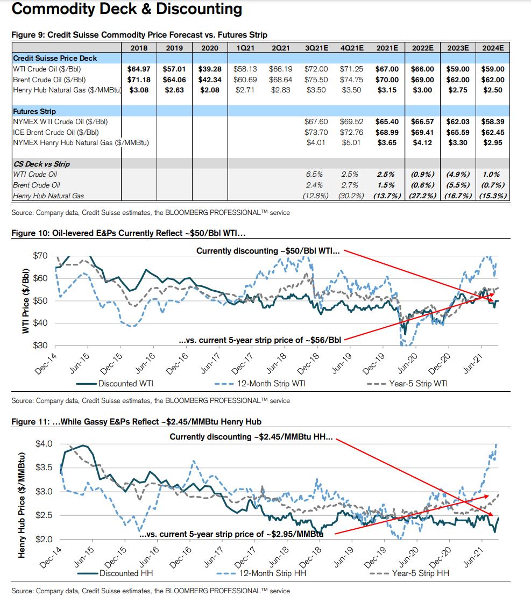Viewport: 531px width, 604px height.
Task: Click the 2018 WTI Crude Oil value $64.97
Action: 139,69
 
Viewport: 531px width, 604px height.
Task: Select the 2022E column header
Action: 422,48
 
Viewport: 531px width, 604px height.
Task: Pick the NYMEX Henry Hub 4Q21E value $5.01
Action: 351,143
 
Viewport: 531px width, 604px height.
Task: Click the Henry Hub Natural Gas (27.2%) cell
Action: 422,196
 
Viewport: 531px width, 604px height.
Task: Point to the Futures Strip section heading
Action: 36,111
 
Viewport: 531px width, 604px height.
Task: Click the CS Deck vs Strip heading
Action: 41,163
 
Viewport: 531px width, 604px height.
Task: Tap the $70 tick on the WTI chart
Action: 40,255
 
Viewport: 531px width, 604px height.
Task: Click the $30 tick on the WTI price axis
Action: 40,346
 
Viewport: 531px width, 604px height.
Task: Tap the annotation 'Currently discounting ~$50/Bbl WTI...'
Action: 268,251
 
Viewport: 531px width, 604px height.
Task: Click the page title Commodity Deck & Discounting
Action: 126,9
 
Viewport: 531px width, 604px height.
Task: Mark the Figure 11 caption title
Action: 137,422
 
